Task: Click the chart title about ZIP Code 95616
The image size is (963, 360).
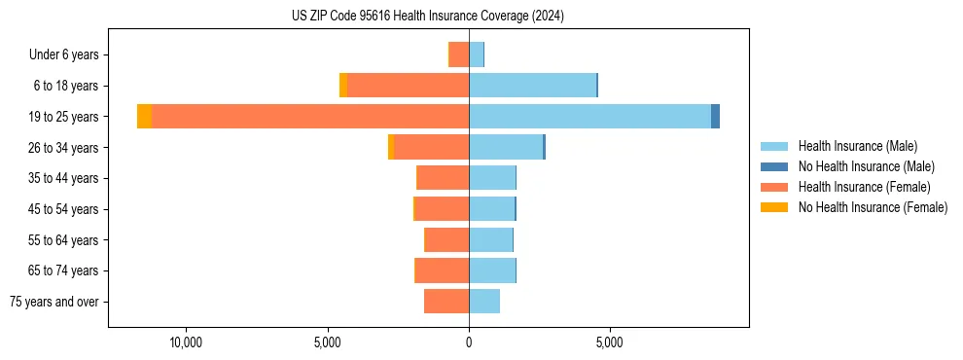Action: pyautogui.click(x=428, y=17)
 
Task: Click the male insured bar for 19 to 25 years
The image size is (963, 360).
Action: pyautogui.click(x=589, y=117)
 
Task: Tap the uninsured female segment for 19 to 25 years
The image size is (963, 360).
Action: pyautogui.click(x=144, y=117)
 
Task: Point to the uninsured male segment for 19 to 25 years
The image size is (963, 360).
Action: pyautogui.click(x=715, y=117)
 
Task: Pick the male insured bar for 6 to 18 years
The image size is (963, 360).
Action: pyautogui.click(x=532, y=86)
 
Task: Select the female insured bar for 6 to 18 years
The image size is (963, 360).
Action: pyautogui.click(x=408, y=86)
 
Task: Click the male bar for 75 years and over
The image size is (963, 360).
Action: pyautogui.click(x=484, y=302)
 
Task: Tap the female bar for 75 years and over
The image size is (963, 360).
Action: pyautogui.click(x=446, y=302)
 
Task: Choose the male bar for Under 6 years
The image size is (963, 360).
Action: pyautogui.click(x=476, y=54)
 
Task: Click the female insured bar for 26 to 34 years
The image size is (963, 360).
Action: pyautogui.click(x=431, y=147)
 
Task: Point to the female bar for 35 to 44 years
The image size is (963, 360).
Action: pyautogui.click(x=443, y=178)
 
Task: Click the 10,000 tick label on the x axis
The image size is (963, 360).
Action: pyautogui.click(x=185, y=343)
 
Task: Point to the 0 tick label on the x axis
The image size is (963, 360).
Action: pyautogui.click(x=469, y=343)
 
